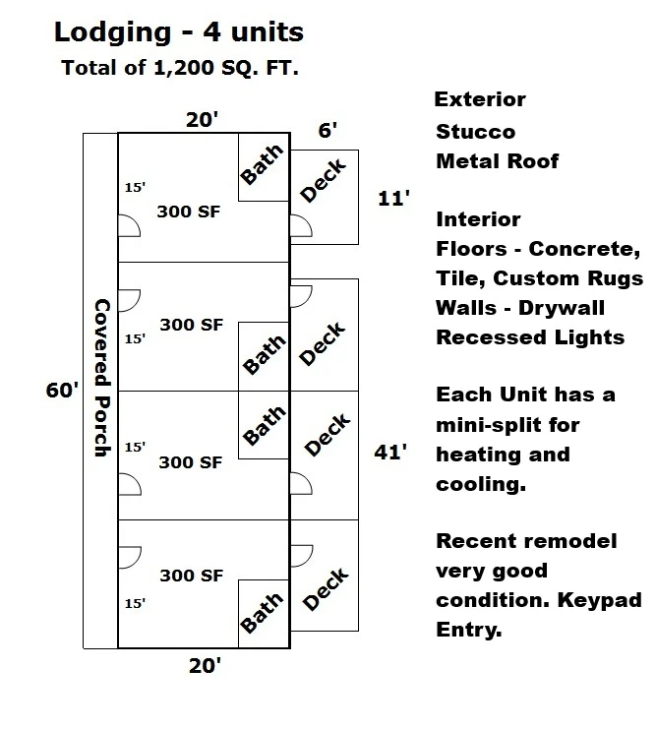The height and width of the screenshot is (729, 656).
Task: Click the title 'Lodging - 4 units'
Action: (x=179, y=32)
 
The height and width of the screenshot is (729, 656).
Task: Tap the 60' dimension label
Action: (x=62, y=390)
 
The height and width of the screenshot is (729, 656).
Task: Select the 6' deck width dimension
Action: (x=328, y=130)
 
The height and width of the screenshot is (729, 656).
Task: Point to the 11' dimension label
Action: (x=393, y=199)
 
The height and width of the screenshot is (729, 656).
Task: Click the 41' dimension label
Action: (x=390, y=452)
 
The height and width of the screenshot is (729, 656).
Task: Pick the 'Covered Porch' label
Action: (x=102, y=378)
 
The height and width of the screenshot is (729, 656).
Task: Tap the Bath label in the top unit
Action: (x=262, y=164)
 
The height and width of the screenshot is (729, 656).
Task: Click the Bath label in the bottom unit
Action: (x=262, y=612)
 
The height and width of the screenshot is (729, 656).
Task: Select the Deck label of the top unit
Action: (x=324, y=180)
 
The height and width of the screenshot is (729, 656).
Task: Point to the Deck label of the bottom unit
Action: (x=325, y=588)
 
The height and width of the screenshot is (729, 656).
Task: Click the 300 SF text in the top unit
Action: (x=188, y=212)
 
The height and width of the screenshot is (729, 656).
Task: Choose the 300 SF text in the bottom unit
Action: (x=192, y=576)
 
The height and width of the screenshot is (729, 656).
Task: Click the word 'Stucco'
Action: (x=476, y=132)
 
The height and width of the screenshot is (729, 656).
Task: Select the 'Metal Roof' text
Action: (x=498, y=161)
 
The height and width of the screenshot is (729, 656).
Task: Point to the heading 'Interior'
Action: (x=478, y=219)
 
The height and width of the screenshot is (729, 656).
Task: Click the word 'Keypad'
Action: (x=600, y=600)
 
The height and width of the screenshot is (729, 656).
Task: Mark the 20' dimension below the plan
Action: (x=205, y=666)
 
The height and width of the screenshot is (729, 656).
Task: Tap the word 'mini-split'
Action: (x=507, y=425)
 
